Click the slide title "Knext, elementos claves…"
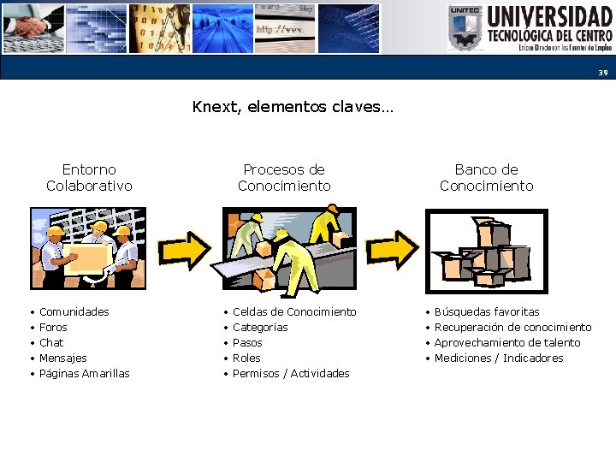pos(292,107)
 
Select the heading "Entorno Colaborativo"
pos(89,178)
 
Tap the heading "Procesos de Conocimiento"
pos(284,178)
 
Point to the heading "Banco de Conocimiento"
pos(486,178)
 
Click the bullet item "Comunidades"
pos(74,312)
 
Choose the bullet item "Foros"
pos(53,328)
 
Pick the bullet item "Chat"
pos(51,343)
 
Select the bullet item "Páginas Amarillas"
pos(85,374)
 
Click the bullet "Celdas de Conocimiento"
pos(294,312)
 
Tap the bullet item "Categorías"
pos(260,328)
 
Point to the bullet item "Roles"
pos(246,358)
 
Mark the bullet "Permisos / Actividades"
pos(291,374)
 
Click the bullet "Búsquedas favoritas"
pos(487,312)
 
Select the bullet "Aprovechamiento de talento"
pos(507,343)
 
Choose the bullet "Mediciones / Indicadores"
pos(499,358)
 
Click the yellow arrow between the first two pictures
pos(186,248)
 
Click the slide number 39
pos(602,73)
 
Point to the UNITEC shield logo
pos(465,28)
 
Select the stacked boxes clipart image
pos(486,250)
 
